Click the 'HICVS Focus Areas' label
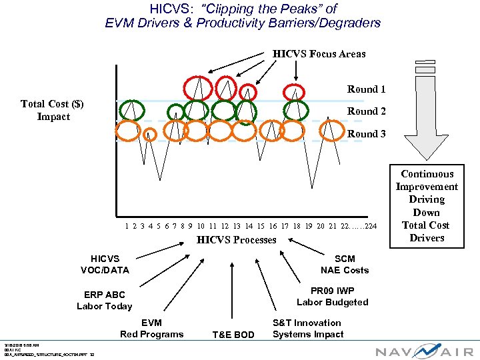click(x=319, y=54)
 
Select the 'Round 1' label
click(x=366, y=89)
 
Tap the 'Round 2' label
click(x=366, y=111)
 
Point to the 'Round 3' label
click(x=366, y=133)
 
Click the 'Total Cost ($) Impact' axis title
click(x=53, y=110)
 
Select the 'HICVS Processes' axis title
click(x=236, y=240)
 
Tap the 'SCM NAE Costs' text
click(x=344, y=264)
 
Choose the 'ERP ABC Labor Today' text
click(x=104, y=300)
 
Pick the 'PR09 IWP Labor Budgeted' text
click(x=332, y=297)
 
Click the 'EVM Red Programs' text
click(x=151, y=329)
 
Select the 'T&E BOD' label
click(x=233, y=335)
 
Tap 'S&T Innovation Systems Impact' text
click(x=307, y=329)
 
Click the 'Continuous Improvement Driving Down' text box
click(x=427, y=205)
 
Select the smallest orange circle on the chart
click(x=150, y=135)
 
